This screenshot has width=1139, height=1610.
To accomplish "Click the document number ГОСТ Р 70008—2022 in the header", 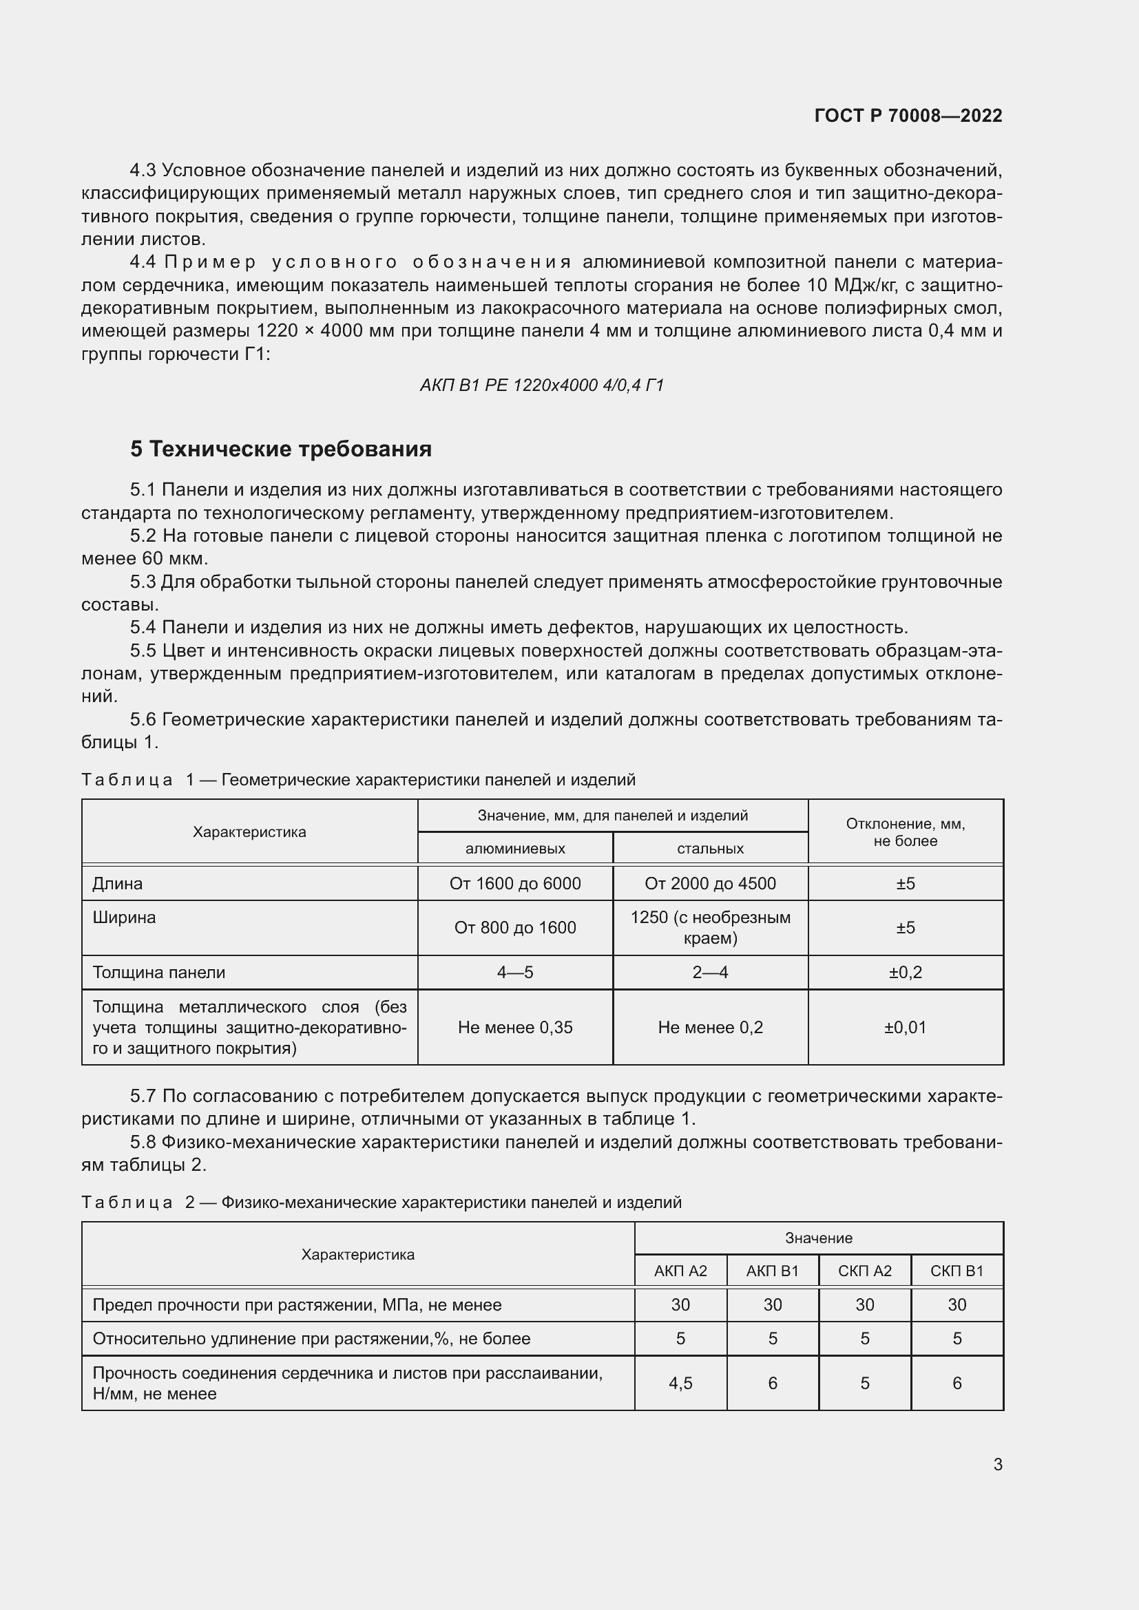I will coord(908,116).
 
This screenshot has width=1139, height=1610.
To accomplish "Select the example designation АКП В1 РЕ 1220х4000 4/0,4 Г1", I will coord(541,385).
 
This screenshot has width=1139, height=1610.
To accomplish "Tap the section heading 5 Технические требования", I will coord(280,449).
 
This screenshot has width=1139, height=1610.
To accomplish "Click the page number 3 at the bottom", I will coord(997,1464).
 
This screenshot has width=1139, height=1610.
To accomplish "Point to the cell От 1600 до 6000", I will coord(515,884).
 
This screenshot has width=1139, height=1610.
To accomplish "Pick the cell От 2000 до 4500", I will coord(710,884).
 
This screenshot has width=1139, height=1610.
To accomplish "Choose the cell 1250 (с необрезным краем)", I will coord(710,928).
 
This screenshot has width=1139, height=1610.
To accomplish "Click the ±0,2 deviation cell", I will coord(905,973).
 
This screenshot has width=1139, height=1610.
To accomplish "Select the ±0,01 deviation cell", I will coord(905,1027).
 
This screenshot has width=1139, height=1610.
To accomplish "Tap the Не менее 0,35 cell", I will coord(515,1027).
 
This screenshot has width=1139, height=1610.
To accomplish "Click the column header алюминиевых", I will coord(515,849).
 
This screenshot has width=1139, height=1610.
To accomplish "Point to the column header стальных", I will coord(710,849).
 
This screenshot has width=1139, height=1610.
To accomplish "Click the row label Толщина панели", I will coord(159,973).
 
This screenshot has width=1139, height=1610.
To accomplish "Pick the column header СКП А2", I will coord(864,1271).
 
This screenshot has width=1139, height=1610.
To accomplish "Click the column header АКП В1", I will coord(772,1271).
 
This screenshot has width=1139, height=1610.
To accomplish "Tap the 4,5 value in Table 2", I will coord(680,1383).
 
